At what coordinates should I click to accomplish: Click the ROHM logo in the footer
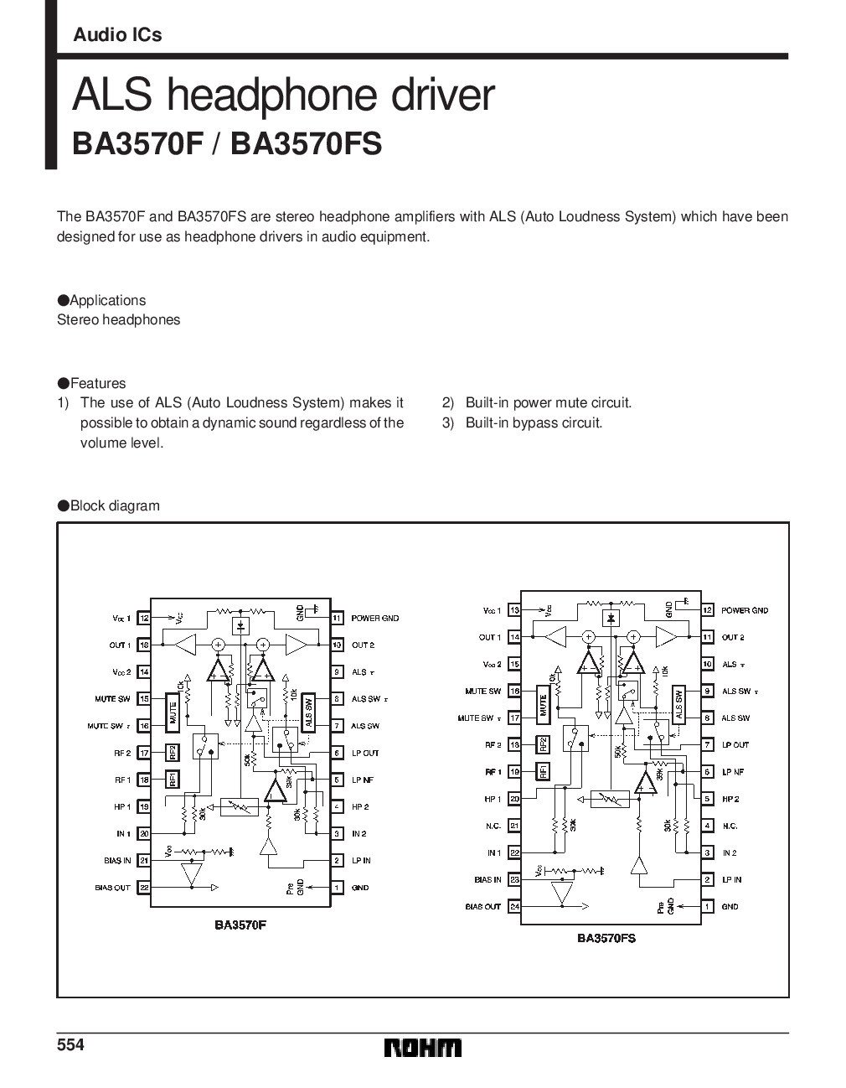pos(423,1048)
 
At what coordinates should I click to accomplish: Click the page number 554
pos(71,1045)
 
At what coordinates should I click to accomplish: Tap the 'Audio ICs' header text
pos(117,35)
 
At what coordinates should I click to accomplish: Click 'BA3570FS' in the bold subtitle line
pos(306,143)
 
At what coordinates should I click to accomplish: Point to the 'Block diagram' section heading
pos(114,505)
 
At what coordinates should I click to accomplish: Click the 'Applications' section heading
pos(107,300)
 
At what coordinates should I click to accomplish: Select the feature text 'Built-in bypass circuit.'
pos(534,422)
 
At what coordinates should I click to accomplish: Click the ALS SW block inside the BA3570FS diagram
pos(679,704)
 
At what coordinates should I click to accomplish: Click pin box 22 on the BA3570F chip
pos(144,888)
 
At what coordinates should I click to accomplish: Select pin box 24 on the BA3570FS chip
pos(515,906)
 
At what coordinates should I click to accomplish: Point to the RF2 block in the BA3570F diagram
pos(171,753)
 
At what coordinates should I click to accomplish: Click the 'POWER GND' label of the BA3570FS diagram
pos(745,610)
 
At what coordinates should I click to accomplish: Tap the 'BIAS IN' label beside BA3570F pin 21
pos(115,861)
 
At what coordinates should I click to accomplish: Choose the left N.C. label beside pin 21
pos(493,826)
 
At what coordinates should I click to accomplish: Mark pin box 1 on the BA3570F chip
pos(337,888)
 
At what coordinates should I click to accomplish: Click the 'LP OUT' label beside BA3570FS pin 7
pos(735,744)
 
